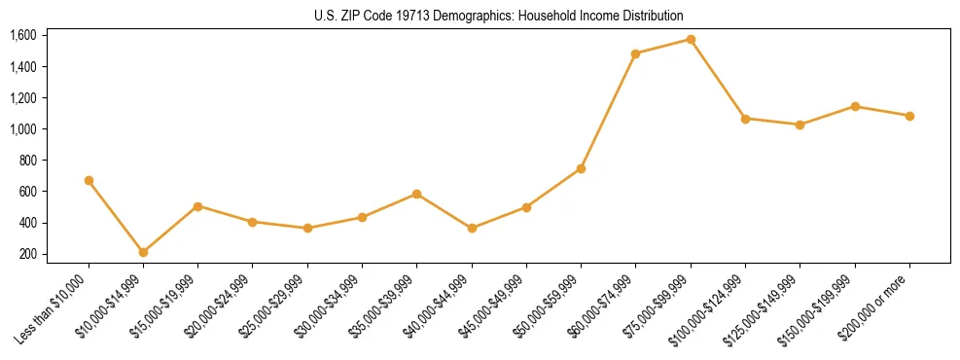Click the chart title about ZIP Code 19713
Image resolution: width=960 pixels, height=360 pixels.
click(x=499, y=16)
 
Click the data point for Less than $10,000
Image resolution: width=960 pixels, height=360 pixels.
click(x=89, y=180)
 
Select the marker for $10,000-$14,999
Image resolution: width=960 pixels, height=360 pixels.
click(x=143, y=252)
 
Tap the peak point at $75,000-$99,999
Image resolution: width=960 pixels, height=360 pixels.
click(x=691, y=39)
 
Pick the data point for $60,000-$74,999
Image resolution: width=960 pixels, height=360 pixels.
click(x=635, y=54)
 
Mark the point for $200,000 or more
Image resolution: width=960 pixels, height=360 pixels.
click(x=909, y=116)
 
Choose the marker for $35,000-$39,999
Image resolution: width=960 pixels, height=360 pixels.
click(x=416, y=194)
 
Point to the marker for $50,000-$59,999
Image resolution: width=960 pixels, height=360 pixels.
click(x=581, y=168)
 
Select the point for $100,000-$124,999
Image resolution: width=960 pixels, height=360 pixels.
click(x=745, y=119)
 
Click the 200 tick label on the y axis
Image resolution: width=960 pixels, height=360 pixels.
click(x=28, y=254)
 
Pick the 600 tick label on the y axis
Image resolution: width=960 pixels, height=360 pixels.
click(x=28, y=192)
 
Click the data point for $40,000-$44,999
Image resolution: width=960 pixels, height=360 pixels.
click(x=472, y=228)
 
